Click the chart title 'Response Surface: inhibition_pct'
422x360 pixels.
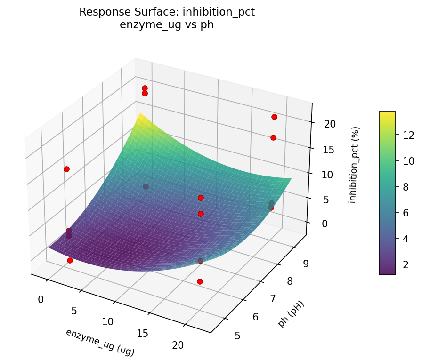tap(167, 12)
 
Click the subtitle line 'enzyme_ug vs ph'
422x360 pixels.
tap(167, 25)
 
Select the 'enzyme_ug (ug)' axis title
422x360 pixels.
tap(99, 342)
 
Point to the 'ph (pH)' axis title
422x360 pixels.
tap(292, 314)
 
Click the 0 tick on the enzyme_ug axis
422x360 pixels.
tap(41, 300)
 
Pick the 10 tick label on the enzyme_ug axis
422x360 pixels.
tap(108, 322)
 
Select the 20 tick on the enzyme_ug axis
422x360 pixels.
tap(178, 345)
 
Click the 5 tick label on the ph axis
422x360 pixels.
tap(237, 336)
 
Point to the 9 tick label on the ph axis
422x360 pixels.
tap(305, 264)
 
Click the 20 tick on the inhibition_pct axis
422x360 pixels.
tap(329, 124)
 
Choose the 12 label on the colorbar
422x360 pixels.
tap(408, 135)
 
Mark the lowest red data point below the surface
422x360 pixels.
tap(200, 281)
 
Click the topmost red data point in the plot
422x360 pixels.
tap(145, 88)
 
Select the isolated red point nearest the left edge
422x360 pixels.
tap(66, 169)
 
